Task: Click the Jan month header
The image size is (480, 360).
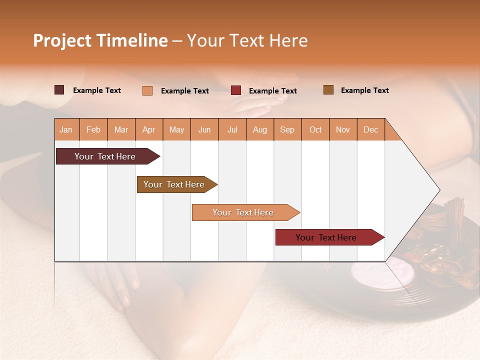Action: coord(66,129)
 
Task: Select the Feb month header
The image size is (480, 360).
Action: coord(93,129)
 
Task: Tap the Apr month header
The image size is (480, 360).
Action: coord(148,129)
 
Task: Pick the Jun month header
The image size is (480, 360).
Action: coord(204,129)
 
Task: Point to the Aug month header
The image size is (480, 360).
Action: coord(259,129)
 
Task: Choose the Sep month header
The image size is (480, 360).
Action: coord(287,129)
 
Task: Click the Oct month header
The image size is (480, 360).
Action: coord(315,129)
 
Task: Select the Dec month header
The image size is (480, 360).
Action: coord(370,129)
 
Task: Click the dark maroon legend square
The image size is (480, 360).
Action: coord(59,90)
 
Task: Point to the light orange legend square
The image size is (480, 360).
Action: coord(147,90)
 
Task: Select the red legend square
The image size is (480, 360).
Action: coord(236,90)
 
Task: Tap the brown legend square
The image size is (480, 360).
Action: coord(328,90)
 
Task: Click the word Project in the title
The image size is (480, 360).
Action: coord(62,40)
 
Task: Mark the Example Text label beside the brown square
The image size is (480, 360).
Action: coord(364,90)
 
